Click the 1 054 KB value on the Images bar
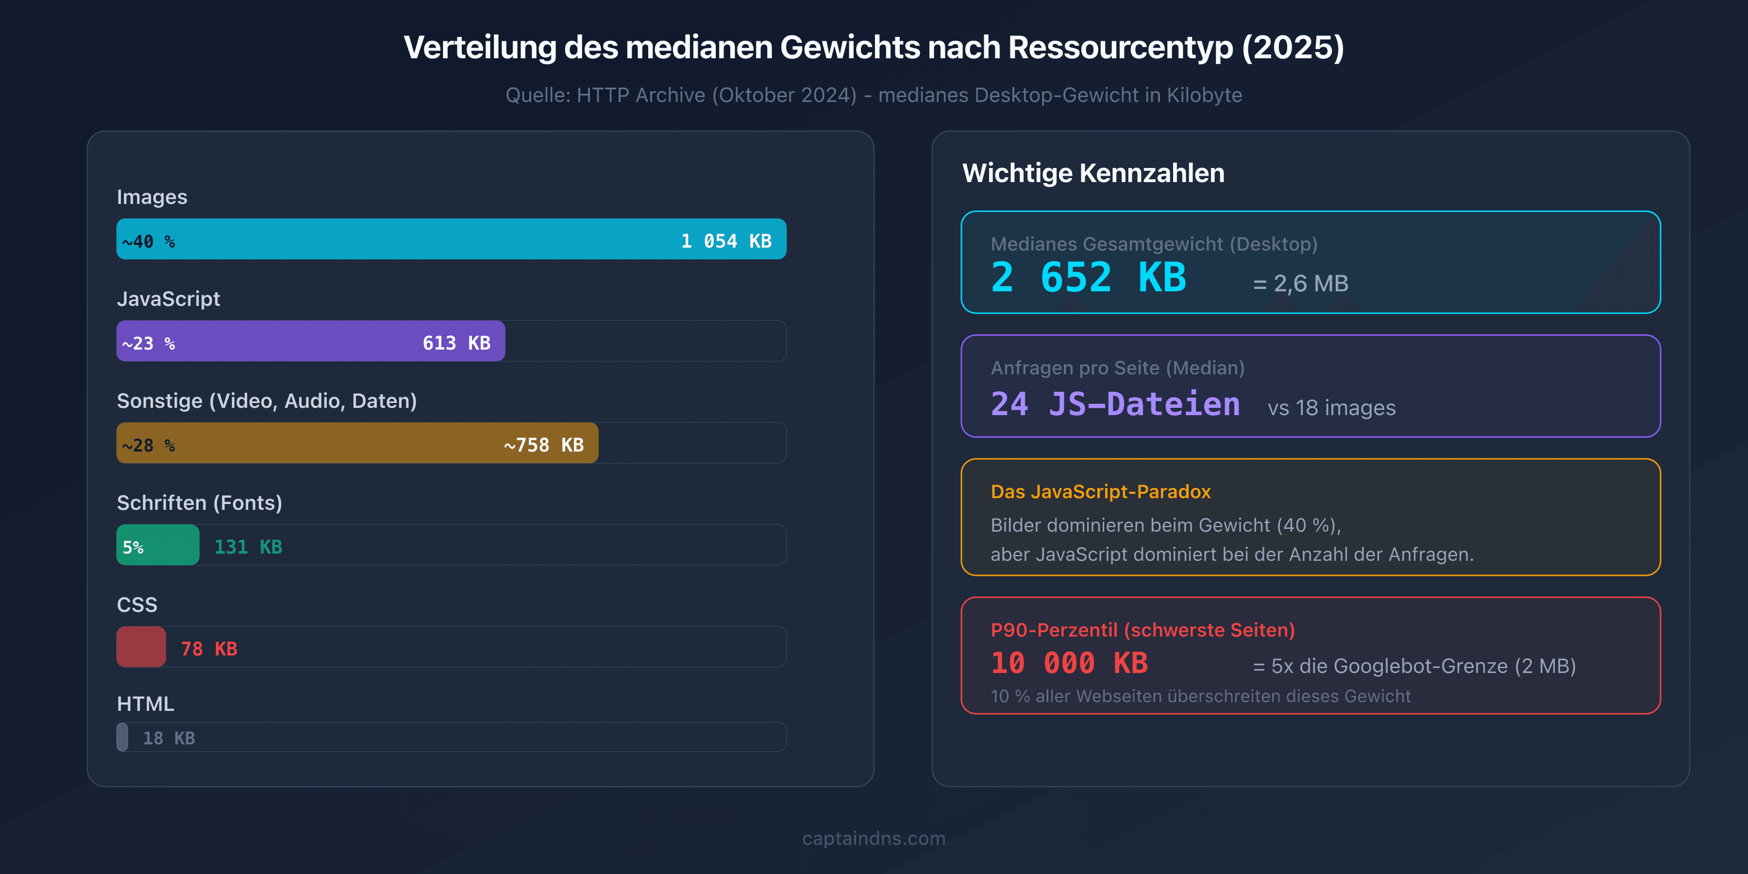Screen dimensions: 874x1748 (x=726, y=241)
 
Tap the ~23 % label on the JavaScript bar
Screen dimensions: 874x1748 (x=149, y=343)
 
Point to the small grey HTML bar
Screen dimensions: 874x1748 (x=122, y=737)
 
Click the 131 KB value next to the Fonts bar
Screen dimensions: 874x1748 (x=248, y=547)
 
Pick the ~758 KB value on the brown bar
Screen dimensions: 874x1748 (x=543, y=445)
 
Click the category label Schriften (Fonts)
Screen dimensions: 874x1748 (x=200, y=503)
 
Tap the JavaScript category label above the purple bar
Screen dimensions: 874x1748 (x=168, y=299)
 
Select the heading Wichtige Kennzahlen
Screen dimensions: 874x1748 (x=1093, y=173)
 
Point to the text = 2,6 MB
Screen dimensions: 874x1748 (x=1300, y=283)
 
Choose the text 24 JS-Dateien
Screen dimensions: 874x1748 (x=1115, y=404)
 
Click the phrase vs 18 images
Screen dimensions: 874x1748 (x=1331, y=408)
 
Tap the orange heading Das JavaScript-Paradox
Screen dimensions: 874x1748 (x=1100, y=491)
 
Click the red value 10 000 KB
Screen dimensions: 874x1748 (x=1069, y=663)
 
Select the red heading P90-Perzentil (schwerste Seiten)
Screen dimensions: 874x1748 (x=1142, y=630)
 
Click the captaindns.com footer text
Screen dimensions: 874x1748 (x=874, y=838)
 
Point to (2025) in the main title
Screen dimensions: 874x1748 (x=1293, y=48)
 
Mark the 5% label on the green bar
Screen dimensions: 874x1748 (x=133, y=547)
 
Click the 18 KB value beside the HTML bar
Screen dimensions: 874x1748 (x=168, y=738)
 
